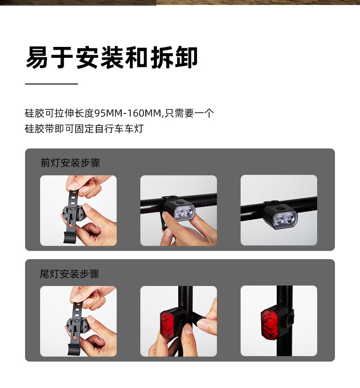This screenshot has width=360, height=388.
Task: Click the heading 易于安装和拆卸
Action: tap(112, 57)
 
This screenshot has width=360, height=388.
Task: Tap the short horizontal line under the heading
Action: tap(51, 84)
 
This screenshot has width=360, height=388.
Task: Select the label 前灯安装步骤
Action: tap(70, 163)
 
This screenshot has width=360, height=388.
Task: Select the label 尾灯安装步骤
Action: tap(70, 274)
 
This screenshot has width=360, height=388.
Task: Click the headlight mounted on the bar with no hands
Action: tap(280, 216)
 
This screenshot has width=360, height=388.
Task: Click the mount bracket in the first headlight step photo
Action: tap(74, 214)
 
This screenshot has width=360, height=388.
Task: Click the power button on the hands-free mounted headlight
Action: tap(280, 208)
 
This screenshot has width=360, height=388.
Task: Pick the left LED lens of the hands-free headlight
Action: tap(279, 220)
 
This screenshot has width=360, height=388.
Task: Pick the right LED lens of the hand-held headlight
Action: tap(189, 212)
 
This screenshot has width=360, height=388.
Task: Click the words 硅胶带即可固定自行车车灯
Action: tap(84, 129)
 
